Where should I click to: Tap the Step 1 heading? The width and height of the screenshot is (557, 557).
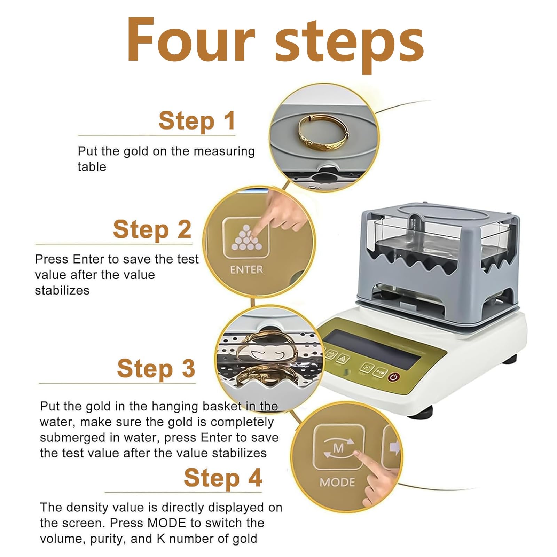(x=197, y=121)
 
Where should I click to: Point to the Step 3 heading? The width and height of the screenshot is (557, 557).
(x=156, y=369)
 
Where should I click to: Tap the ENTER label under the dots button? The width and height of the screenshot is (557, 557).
(x=246, y=270)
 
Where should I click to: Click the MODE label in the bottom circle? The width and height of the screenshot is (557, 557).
(x=337, y=483)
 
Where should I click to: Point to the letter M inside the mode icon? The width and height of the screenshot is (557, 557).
(x=338, y=448)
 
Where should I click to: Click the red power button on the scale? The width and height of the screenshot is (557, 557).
(x=394, y=377)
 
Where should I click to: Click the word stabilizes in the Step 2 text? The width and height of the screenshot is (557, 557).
(x=62, y=290)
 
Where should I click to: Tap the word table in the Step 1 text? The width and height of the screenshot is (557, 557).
(x=92, y=167)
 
